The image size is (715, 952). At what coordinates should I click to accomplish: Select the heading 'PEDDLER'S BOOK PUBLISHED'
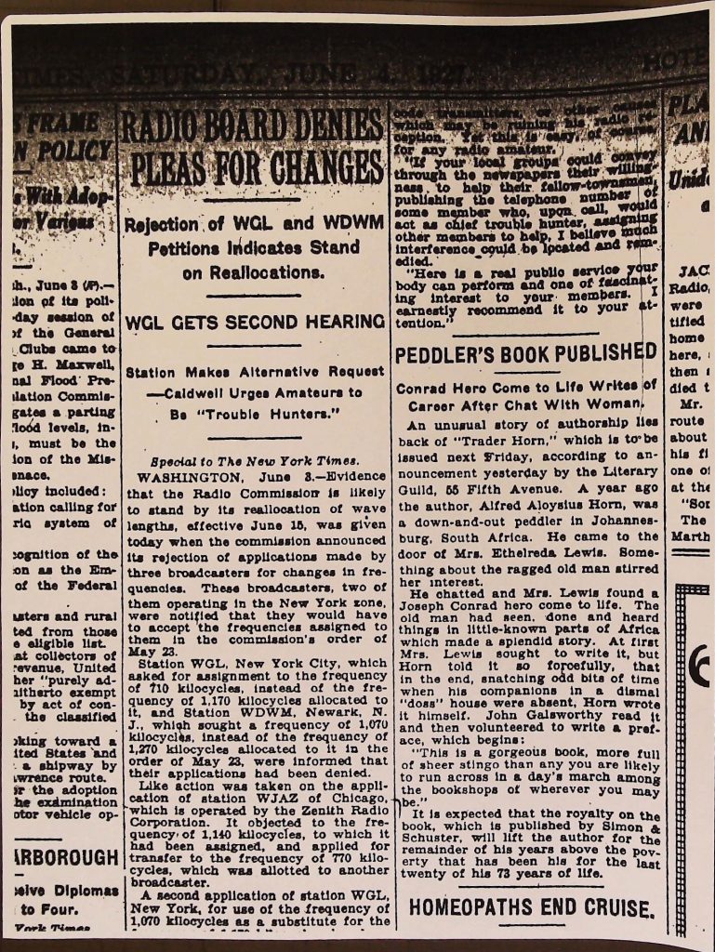click(525, 353)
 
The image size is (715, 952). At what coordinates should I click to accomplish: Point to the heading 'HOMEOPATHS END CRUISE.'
click(525, 906)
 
